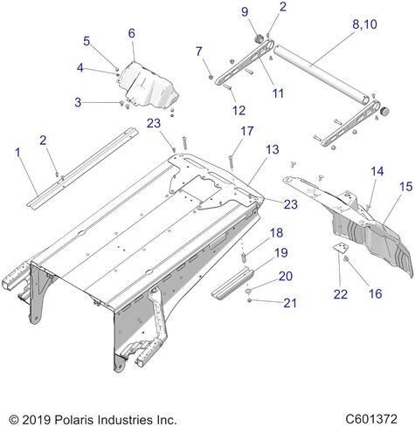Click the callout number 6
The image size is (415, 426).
[132, 33]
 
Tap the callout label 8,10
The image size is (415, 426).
[364, 24]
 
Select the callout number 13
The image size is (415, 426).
[273, 149]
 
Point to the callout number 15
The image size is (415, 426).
[406, 187]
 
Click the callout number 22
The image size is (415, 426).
[341, 294]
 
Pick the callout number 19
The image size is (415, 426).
[281, 252]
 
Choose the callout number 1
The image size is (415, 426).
[18, 152]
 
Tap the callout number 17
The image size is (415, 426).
[247, 131]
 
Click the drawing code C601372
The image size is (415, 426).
[371, 419]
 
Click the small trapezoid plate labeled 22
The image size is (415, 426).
[341, 248]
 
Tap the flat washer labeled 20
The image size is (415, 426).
[249, 291]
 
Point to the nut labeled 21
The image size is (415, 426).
[249, 300]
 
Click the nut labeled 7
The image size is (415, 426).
[211, 77]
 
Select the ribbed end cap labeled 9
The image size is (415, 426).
[259, 38]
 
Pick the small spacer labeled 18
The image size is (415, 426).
[244, 258]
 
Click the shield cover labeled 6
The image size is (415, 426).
[149, 86]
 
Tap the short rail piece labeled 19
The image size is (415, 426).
[232, 284]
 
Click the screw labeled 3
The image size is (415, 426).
[122, 103]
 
